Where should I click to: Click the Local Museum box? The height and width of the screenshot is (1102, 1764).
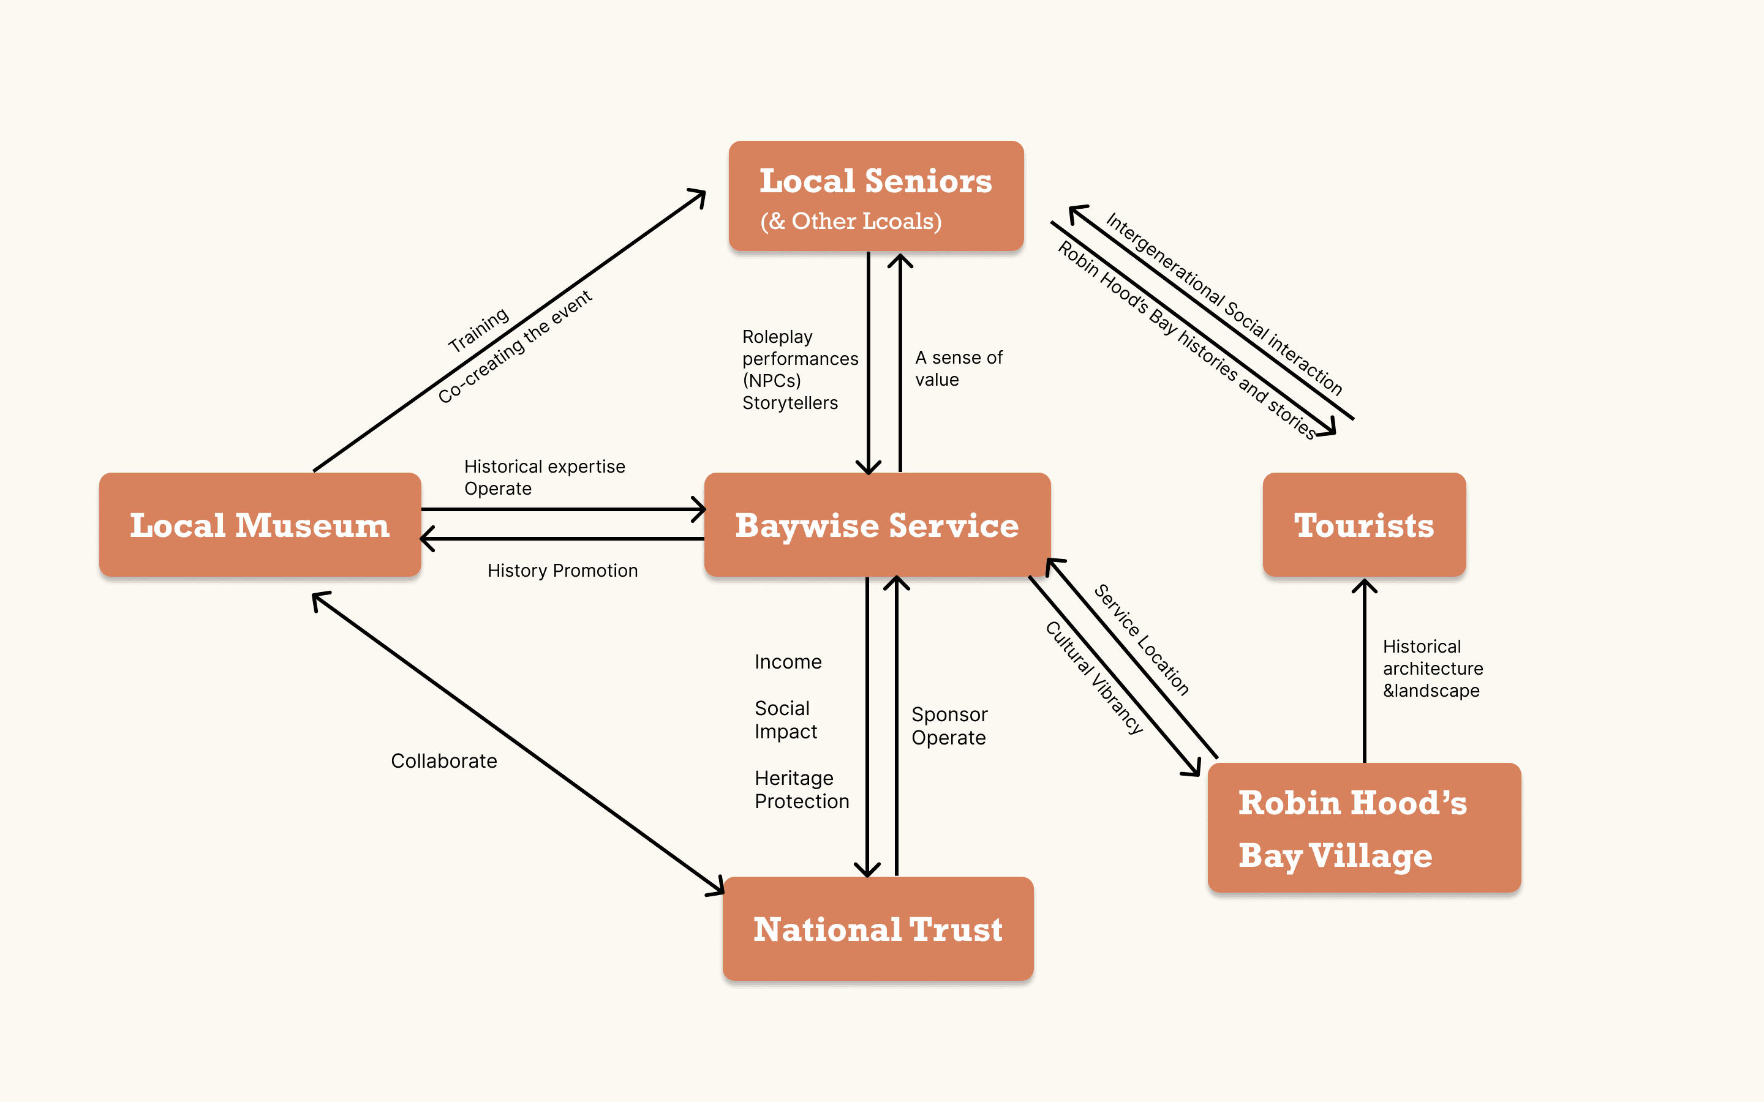pos(260,525)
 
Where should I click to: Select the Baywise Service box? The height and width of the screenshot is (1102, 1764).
pos(877,525)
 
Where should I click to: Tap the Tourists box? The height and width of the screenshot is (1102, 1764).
pos(1364,525)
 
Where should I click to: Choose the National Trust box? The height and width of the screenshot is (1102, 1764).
pos(878,929)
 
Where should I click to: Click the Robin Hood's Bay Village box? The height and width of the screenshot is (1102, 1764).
pos(1364,828)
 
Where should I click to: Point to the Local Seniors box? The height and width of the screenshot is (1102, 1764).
pos(876,196)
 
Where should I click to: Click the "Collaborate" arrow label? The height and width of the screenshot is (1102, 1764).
pos(444,761)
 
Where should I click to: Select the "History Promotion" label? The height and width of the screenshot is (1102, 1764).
pos(562,571)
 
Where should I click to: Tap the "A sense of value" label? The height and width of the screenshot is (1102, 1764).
pos(958,368)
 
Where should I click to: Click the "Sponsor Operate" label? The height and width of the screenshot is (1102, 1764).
pos(949,726)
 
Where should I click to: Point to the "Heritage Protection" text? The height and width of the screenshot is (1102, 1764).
pos(801,789)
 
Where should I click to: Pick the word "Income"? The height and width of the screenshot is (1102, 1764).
pos(788,662)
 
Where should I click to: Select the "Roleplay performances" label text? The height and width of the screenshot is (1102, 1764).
pos(800,348)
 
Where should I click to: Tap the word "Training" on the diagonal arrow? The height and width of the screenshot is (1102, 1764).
pos(478,329)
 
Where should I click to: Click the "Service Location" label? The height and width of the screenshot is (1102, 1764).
pos(1142,640)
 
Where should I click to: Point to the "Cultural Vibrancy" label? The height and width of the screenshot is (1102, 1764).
pos(1093,678)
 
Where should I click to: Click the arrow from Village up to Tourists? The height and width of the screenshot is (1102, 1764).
pos(1365,670)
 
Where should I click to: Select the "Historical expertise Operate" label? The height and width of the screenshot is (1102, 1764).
pos(544,478)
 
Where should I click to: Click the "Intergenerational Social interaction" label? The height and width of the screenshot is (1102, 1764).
pos(1224,303)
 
